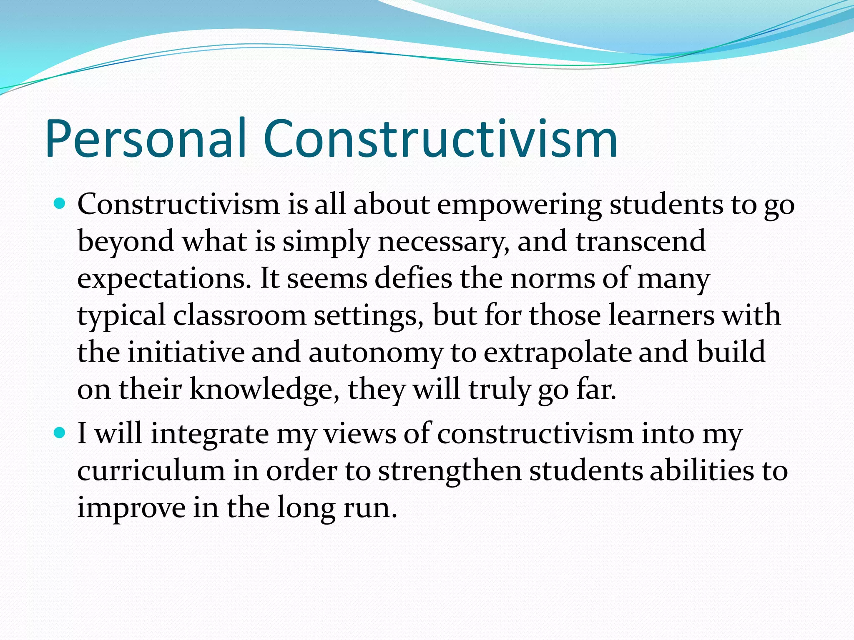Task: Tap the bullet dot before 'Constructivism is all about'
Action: [x=60, y=204]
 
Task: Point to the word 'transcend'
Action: [x=640, y=242]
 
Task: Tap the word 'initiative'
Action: [x=186, y=352]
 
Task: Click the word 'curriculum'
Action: [x=151, y=471]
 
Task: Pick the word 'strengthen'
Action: [x=450, y=471]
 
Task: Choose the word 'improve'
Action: [x=131, y=508]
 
